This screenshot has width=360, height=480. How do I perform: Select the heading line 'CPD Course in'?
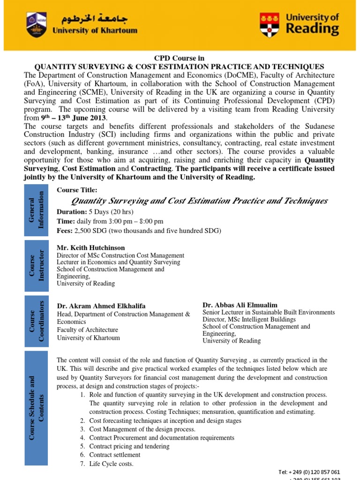[180, 58]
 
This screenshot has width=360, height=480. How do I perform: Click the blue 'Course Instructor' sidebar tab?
[35, 264]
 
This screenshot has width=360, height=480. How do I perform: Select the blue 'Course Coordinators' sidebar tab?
[35, 320]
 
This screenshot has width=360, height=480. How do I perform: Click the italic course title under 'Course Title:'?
[199, 201]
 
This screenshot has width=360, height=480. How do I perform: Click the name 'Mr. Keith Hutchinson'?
[91, 247]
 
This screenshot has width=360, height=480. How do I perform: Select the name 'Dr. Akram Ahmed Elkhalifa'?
[101, 306]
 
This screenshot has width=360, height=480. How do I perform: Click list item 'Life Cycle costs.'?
[111, 464]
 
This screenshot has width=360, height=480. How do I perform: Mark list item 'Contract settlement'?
[114, 455]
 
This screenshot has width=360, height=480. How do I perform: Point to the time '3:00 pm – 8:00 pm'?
[135, 221]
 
